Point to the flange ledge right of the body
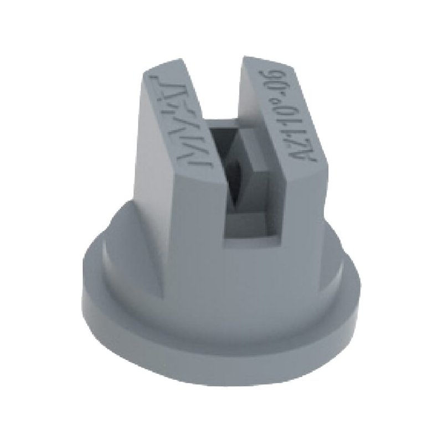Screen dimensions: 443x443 click(343, 266)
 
